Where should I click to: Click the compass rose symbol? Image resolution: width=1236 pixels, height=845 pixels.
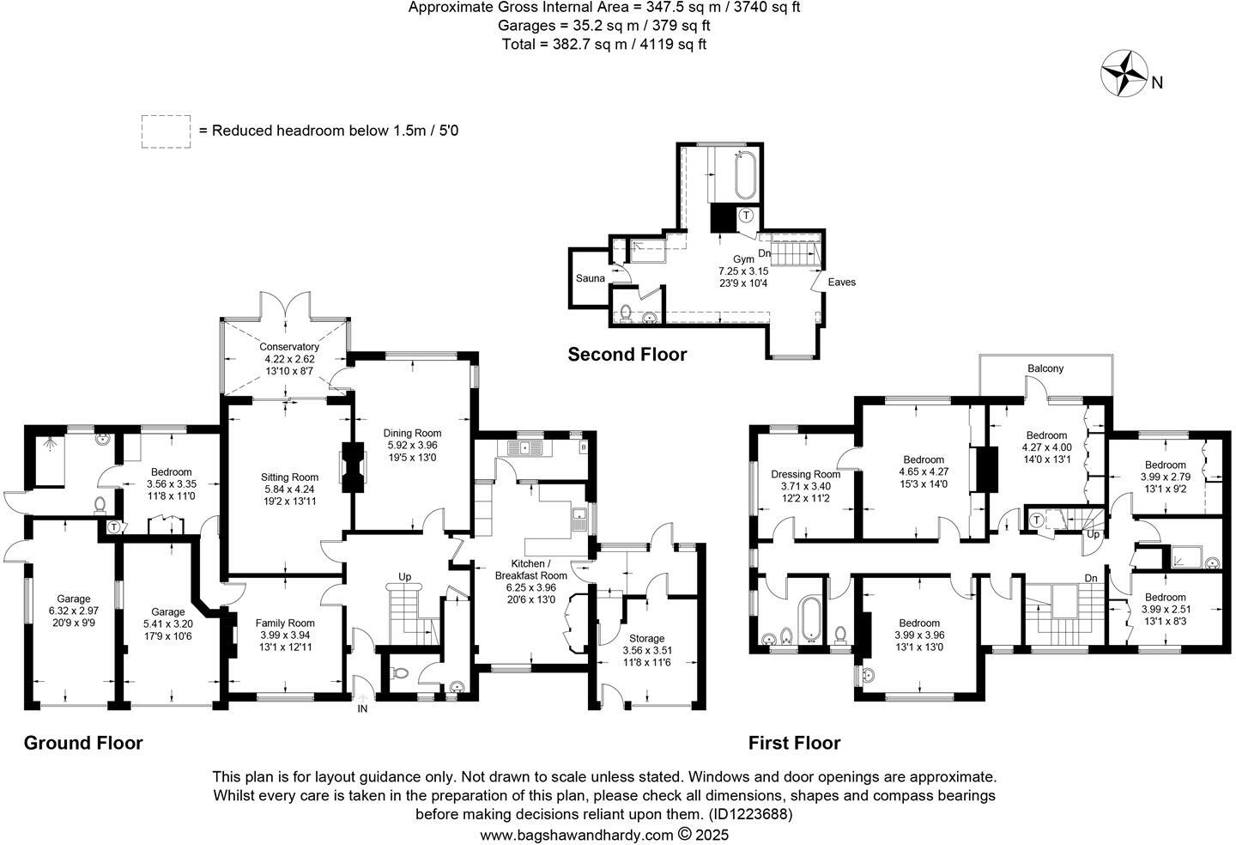[1124, 74]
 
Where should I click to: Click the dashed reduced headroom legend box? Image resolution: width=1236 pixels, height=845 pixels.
[166, 131]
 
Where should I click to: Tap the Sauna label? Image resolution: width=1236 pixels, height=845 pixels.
[590, 278]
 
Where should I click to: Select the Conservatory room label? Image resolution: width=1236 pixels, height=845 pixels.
[289, 347]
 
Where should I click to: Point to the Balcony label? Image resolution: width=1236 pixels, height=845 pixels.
[1045, 368]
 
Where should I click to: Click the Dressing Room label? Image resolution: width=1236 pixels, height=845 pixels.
[805, 474]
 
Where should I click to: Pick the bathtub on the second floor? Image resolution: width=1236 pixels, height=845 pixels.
[746, 174]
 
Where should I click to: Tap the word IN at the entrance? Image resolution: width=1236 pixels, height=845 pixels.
[362, 708]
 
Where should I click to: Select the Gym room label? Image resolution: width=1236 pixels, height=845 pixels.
[743, 259]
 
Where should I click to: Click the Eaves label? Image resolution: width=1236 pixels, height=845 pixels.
[841, 282]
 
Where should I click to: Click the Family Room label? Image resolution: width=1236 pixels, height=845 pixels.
[285, 623]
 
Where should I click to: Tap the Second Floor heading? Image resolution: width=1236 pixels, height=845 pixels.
[627, 355]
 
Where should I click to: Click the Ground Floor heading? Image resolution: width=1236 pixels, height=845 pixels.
[83, 743]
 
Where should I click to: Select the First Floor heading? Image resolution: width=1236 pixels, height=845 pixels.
[794, 743]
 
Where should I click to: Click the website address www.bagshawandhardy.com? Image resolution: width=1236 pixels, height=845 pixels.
[576, 835]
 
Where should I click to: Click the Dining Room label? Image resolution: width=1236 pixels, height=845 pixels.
[412, 434]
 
